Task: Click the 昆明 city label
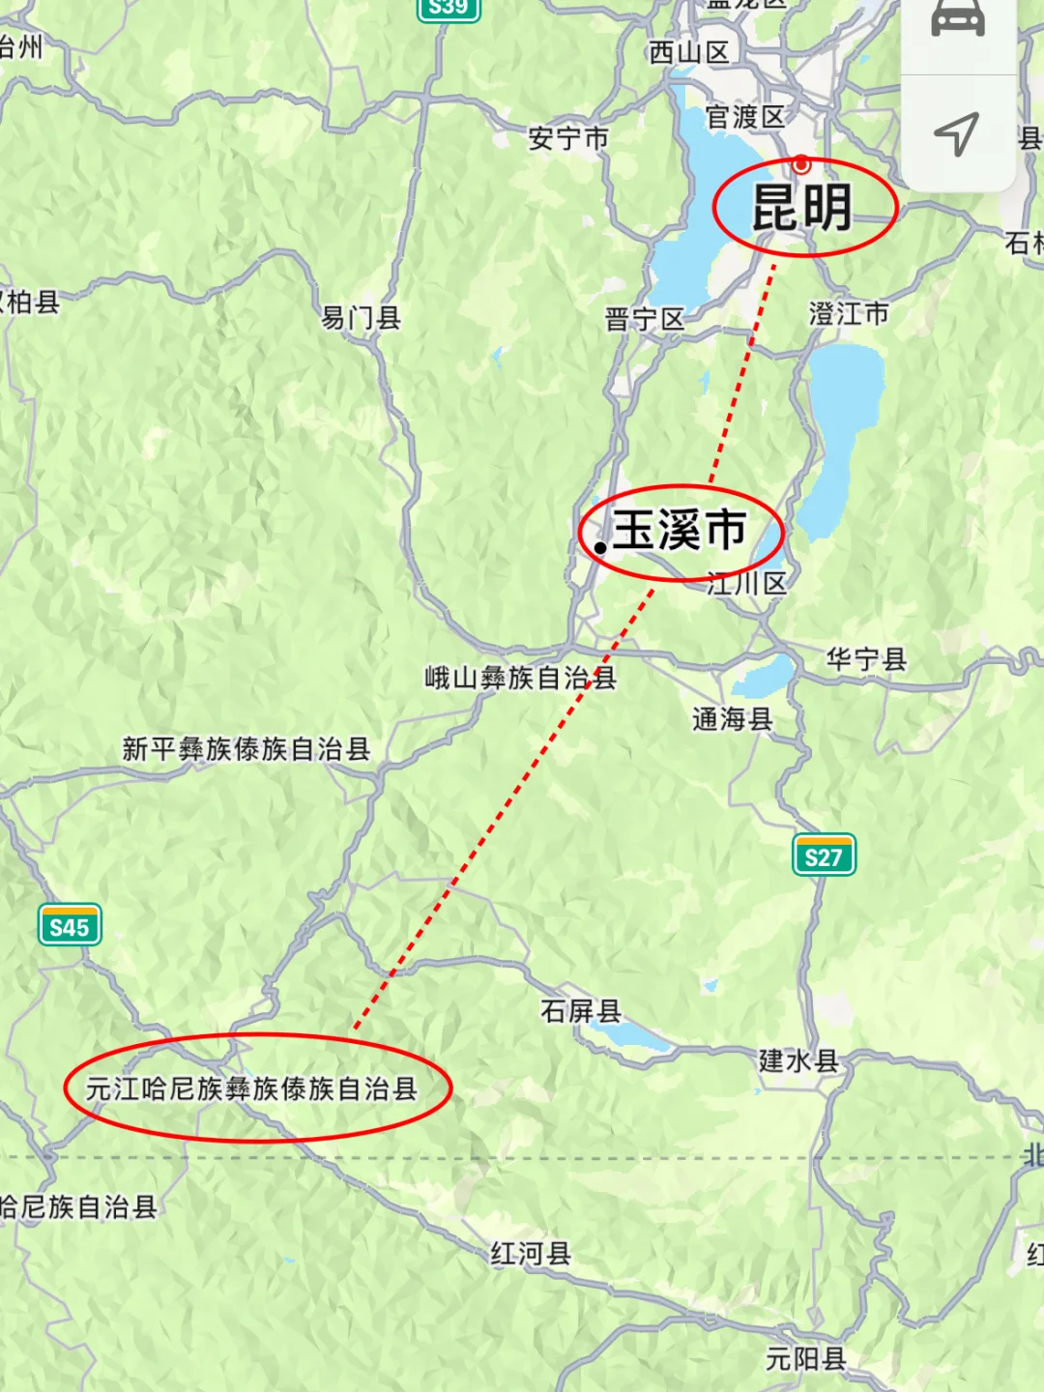802,208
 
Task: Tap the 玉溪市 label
680,531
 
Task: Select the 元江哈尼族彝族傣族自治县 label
251,1089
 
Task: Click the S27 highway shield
824,856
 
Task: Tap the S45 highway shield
70,927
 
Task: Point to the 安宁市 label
568,139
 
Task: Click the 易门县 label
361,317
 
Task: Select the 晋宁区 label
644,319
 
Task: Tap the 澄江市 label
849,313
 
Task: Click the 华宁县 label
866,659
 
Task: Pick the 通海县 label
732,718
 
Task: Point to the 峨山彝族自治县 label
520,678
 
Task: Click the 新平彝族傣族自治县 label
246,748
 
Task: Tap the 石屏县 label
580,1011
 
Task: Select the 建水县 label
798,1060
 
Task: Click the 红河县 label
531,1254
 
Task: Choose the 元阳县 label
805,1359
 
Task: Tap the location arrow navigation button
957,133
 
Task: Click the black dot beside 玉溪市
600,547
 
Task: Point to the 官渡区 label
745,117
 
